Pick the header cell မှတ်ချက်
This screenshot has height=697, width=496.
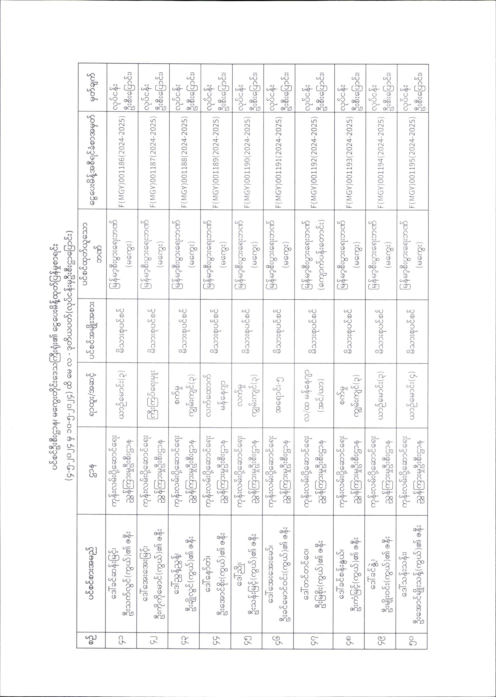pyautogui.click(x=92, y=88)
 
